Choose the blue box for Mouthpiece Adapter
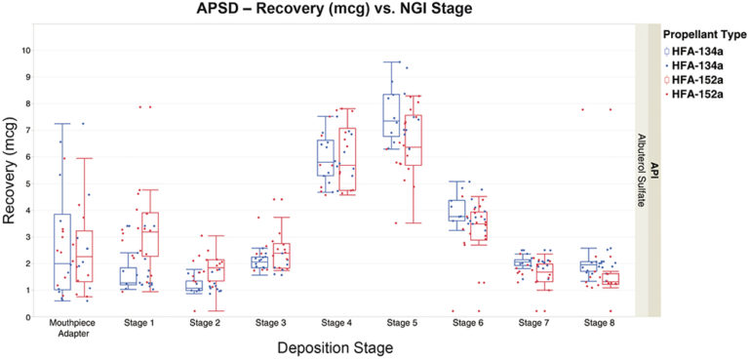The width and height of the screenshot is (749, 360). click(x=62, y=252)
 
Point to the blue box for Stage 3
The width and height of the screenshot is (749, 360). click(x=259, y=261)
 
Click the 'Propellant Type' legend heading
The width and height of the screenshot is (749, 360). click(x=699, y=32)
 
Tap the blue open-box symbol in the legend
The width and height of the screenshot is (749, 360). click(x=668, y=49)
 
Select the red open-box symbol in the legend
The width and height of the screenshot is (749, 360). click(x=668, y=78)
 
